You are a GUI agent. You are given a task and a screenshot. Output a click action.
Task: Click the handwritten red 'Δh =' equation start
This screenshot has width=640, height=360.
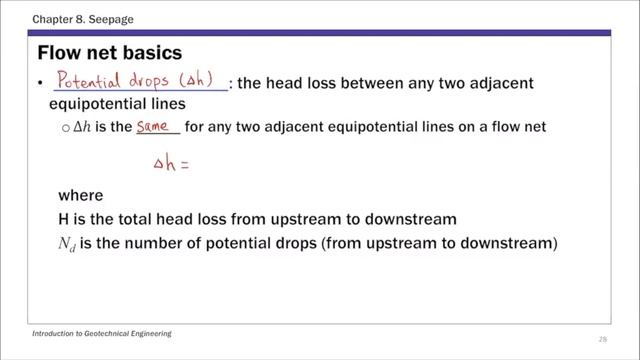coord(172,167)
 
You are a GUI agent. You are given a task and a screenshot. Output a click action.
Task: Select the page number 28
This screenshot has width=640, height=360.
coord(602,338)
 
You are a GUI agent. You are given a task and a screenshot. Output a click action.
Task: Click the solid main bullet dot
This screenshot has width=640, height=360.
coord(39,82)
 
